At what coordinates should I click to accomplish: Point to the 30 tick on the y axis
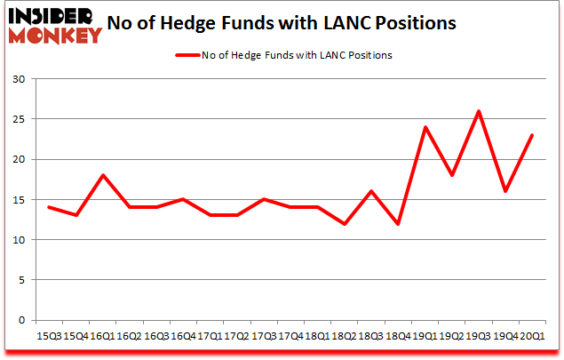(18, 79)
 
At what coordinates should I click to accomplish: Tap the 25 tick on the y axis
(18, 119)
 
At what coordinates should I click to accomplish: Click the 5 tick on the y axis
(21, 280)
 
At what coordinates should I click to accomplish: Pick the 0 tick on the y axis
(21, 320)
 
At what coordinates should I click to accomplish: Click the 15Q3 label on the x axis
(49, 336)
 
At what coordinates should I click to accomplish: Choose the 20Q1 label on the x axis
(532, 336)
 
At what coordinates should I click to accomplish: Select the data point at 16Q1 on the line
(103, 175)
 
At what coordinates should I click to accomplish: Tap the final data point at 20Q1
(531, 135)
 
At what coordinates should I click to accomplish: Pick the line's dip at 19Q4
(505, 191)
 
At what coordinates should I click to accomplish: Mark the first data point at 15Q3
(50, 207)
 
